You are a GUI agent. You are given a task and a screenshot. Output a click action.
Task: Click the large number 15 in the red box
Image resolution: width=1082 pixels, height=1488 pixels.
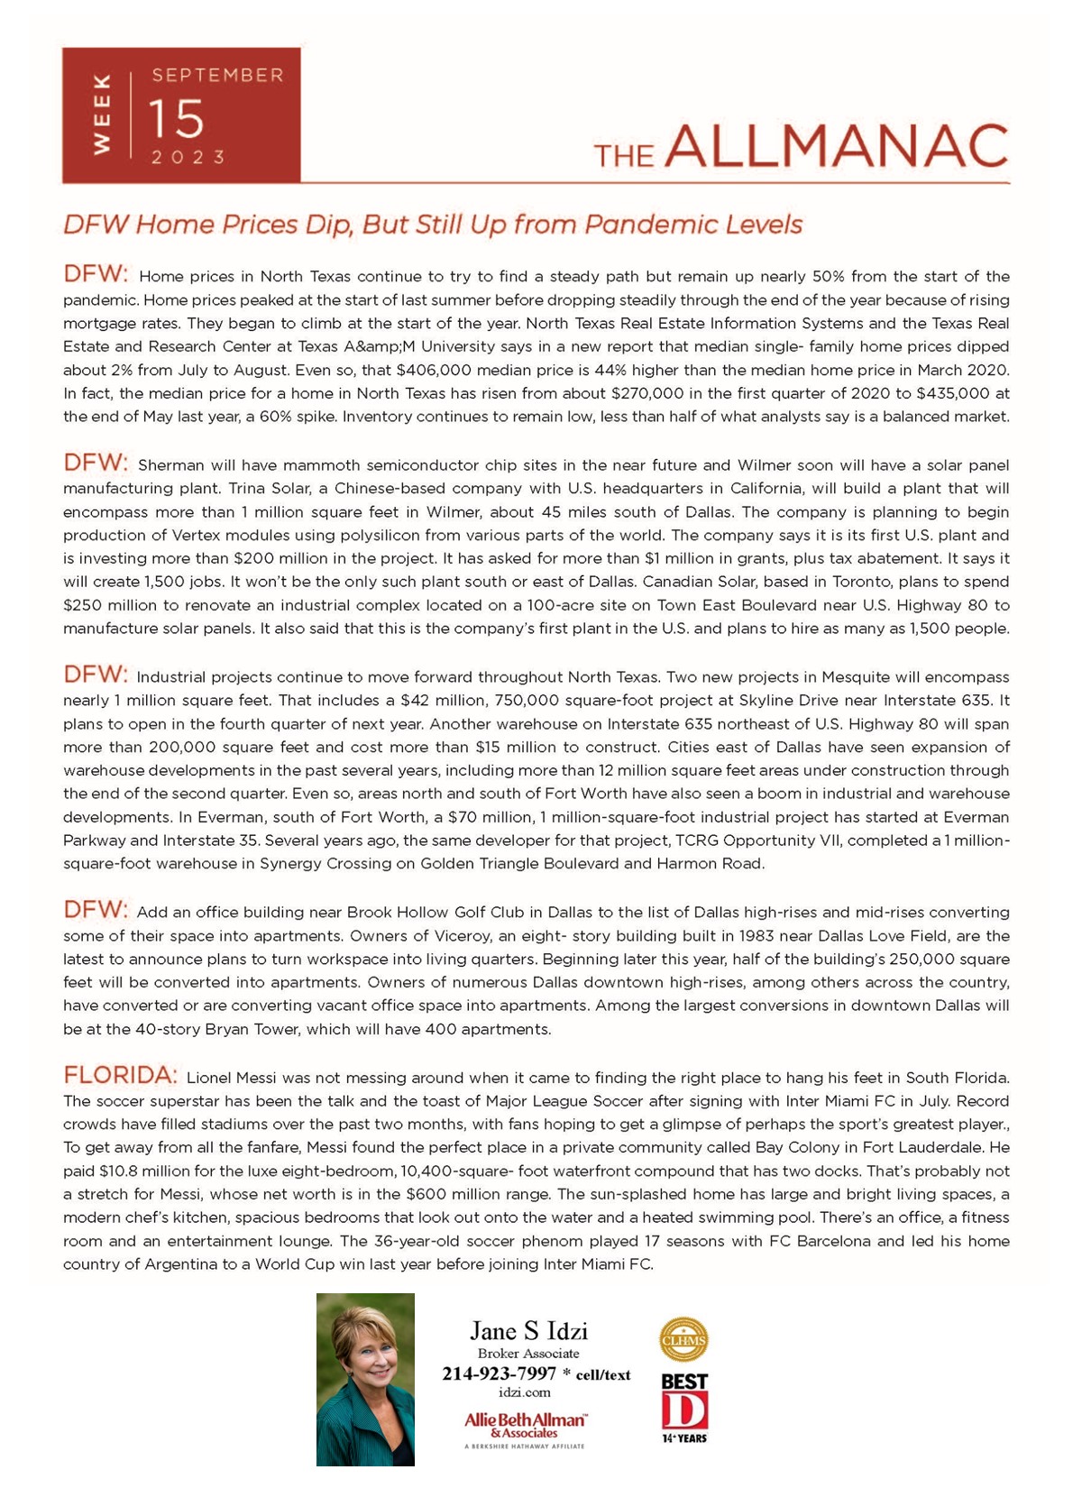pyautogui.click(x=177, y=118)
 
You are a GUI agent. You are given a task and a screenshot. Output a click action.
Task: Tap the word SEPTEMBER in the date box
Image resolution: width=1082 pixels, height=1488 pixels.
pyautogui.click(x=217, y=75)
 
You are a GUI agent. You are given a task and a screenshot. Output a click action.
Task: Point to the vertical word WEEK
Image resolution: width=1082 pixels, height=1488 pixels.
pyautogui.click(x=101, y=115)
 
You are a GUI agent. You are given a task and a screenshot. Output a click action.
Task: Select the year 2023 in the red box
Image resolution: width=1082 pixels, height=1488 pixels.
pyautogui.click(x=188, y=157)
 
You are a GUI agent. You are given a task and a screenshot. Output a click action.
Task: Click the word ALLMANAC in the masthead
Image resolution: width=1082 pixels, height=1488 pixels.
pyautogui.click(x=836, y=146)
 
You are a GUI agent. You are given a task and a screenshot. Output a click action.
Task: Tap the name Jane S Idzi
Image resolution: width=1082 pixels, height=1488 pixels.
pyautogui.click(x=528, y=1330)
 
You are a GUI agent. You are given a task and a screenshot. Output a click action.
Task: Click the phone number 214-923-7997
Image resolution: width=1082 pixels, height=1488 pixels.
pyautogui.click(x=499, y=1373)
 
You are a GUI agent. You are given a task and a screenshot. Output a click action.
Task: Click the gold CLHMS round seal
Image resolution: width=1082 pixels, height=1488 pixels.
pyautogui.click(x=683, y=1339)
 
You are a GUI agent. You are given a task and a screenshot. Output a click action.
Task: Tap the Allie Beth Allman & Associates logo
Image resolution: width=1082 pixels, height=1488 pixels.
pyautogui.click(x=526, y=1425)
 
